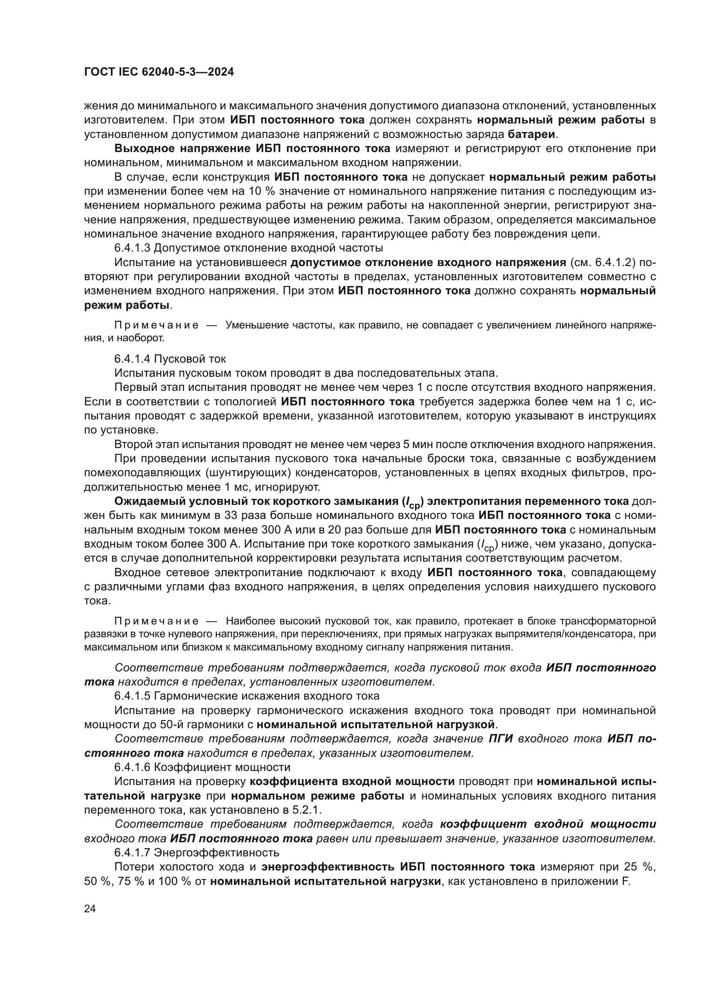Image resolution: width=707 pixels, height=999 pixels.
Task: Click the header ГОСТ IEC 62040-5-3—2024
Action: point(159,72)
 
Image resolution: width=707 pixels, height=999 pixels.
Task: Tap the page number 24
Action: point(90,908)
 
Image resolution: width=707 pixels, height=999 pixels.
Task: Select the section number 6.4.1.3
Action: point(132,248)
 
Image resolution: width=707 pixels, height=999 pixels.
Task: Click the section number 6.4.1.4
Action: point(132,358)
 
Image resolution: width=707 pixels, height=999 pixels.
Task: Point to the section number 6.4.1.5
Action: point(132,696)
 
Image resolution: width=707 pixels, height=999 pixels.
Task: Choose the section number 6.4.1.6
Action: point(132,767)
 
